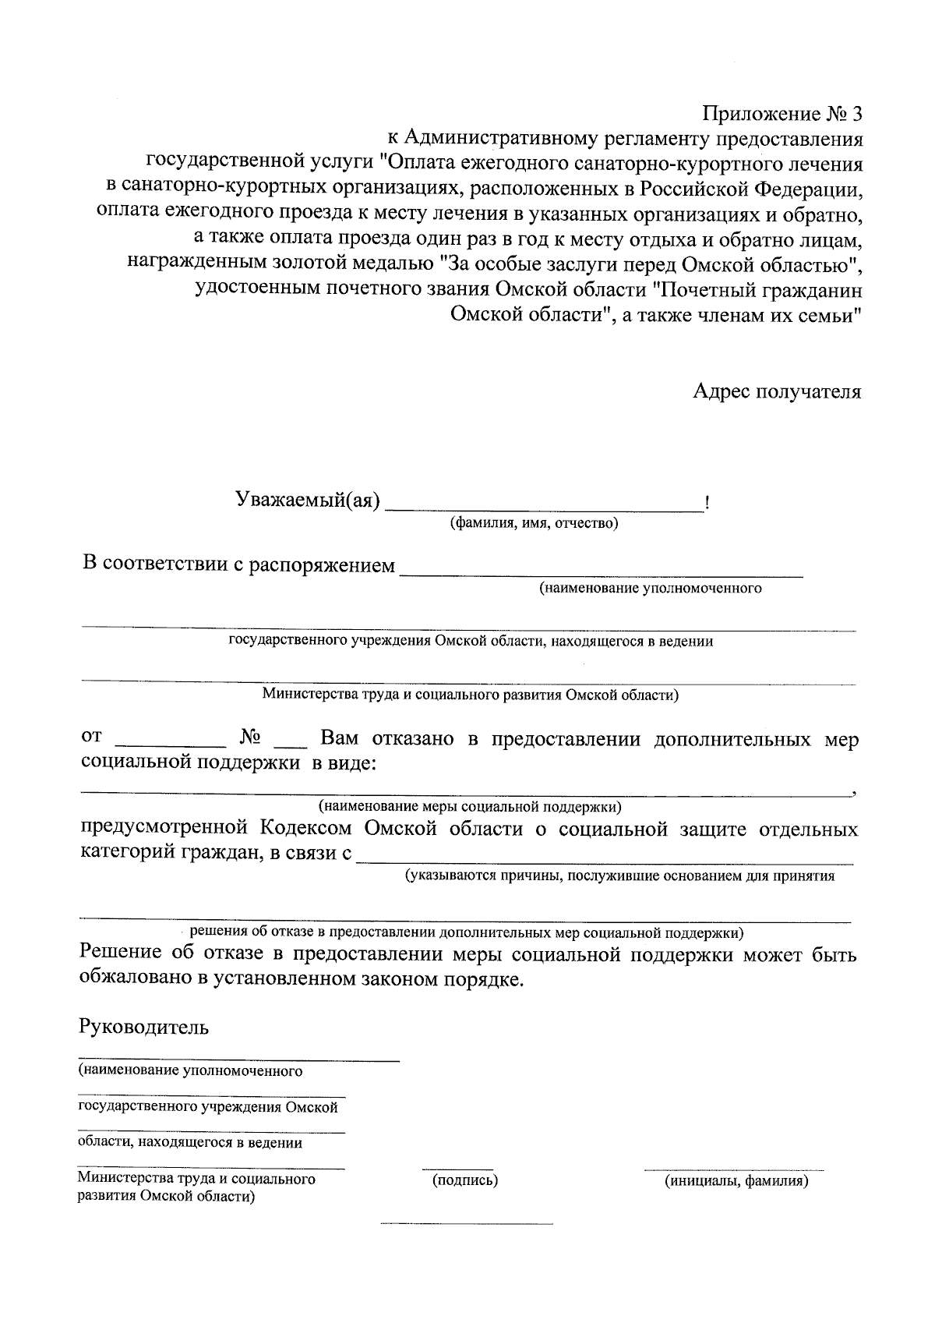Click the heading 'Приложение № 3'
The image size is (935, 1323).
tap(783, 115)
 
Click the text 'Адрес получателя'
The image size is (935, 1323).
tap(777, 391)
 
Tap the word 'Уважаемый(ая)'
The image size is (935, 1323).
tap(307, 499)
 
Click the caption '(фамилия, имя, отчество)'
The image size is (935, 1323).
tap(534, 523)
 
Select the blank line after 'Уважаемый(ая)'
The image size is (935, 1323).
tap(544, 510)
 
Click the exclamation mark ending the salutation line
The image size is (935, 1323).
tap(706, 503)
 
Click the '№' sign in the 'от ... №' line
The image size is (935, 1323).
tap(250, 738)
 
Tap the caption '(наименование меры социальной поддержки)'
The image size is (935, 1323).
tap(469, 805)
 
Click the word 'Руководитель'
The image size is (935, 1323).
tap(143, 1026)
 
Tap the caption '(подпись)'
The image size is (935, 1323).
tap(465, 1180)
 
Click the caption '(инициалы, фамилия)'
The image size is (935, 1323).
tap(736, 1181)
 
